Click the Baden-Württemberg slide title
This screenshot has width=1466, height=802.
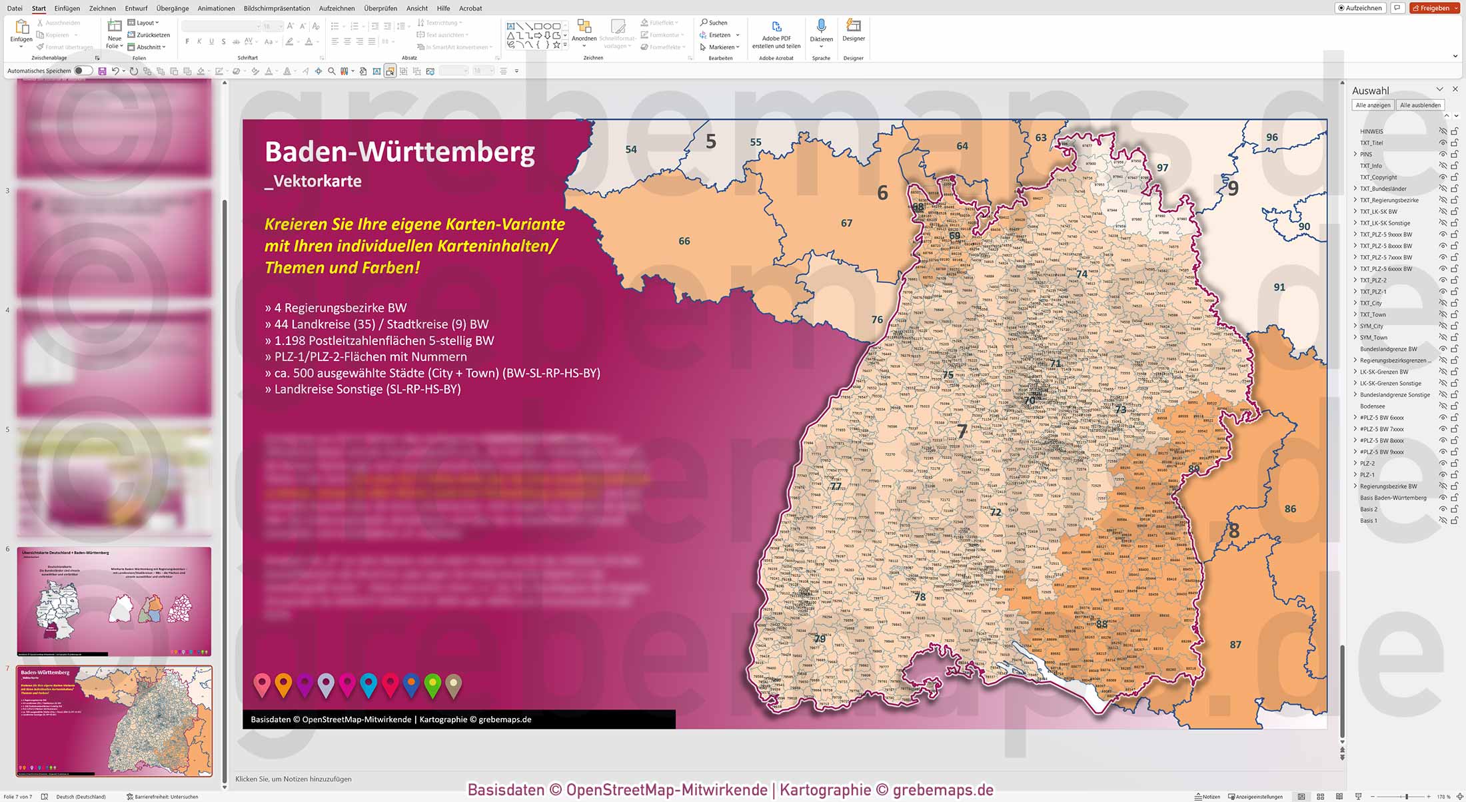coord(400,152)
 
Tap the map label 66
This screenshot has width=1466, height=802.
coord(684,241)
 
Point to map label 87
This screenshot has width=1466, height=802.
coord(1235,645)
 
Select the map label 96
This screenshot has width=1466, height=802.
coord(1272,137)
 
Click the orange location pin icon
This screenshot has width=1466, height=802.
coord(283,683)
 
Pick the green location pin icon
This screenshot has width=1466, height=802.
coord(432,683)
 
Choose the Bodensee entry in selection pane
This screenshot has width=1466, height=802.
coord(1372,406)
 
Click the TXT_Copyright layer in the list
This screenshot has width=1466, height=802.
coord(1378,177)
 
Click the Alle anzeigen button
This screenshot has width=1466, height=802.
coord(1373,105)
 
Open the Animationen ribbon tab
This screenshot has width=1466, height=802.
coord(216,8)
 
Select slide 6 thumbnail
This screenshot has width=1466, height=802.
coord(114,601)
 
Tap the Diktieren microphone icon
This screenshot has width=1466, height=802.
coord(821,27)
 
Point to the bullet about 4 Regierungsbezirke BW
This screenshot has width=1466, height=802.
coord(336,308)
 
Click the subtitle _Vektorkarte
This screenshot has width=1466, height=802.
coord(313,181)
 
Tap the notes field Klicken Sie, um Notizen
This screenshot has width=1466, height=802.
coord(293,779)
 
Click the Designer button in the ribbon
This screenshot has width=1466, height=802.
coord(853,29)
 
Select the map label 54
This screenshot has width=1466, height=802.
coord(631,149)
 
